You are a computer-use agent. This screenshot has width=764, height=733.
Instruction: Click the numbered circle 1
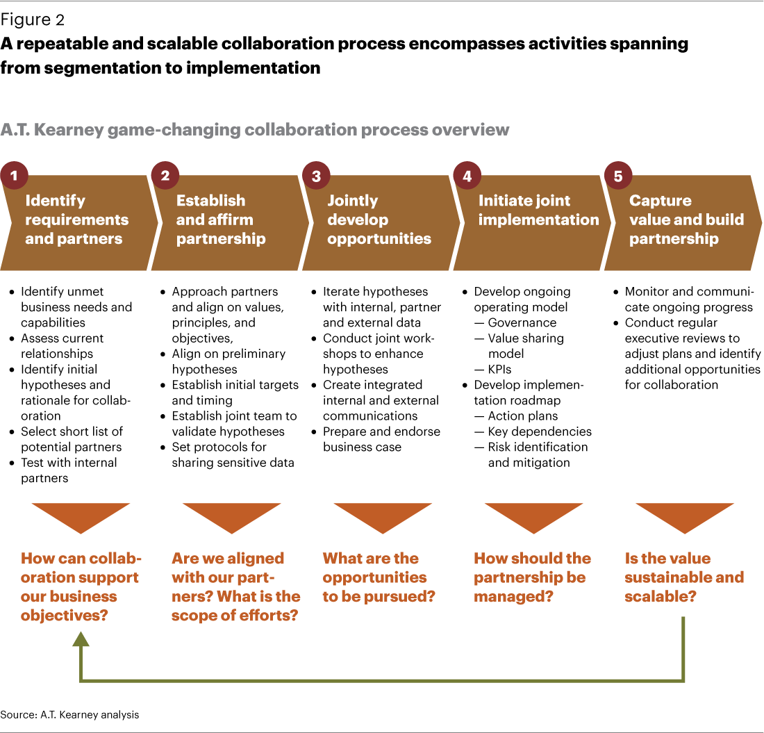pyautogui.click(x=13, y=176)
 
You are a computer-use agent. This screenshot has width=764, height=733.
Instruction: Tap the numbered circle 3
pyautogui.click(x=316, y=176)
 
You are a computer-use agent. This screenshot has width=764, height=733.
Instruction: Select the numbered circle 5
pyautogui.click(x=618, y=176)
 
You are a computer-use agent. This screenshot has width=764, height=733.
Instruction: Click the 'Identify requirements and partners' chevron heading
pyautogui.click(x=76, y=220)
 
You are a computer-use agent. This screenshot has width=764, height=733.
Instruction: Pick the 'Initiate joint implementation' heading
pyautogui.click(x=538, y=211)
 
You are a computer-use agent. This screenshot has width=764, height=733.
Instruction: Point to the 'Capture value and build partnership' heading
pyautogui.click(x=686, y=220)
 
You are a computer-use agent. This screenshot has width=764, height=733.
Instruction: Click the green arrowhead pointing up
pyautogui.click(x=81, y=641)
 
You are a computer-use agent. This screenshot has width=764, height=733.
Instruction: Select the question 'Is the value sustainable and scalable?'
pyautogui.click(x=683, y=577)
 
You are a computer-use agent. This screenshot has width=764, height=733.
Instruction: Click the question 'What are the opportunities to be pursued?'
pyautogui.click(x=379, y=577)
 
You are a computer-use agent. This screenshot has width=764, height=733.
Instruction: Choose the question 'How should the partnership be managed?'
pyautogui.click(x=532, y=577)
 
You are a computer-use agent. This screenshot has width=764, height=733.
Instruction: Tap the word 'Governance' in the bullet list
pyautogui.click(x=522, y=323)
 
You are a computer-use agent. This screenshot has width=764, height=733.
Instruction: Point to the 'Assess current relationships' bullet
pyautogui.click(x=62, y=346)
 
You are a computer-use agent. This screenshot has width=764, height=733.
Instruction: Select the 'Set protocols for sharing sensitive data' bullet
pyautogui.click(x=233, y=454)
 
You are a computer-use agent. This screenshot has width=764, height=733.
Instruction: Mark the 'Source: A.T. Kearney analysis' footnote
pyautogui.click(x=69, y=714)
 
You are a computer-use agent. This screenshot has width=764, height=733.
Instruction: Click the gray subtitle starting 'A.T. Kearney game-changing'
pyautogui.click(x=255, y=130)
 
